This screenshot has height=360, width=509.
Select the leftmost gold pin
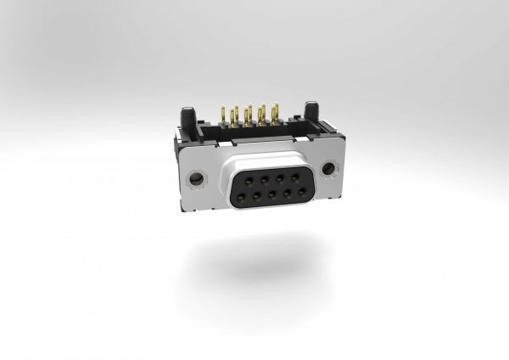pyautogui.click(x=223, y=116)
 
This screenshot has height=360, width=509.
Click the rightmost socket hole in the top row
pyautogui.click(x=294, y=177)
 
